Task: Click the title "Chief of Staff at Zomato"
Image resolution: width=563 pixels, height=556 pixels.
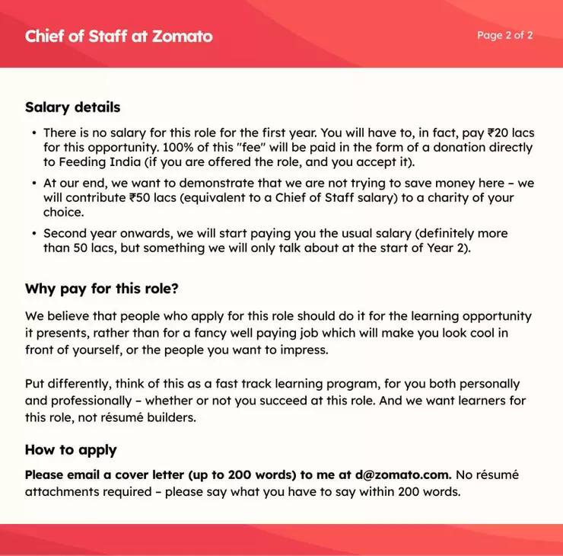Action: click(x=119, y=36)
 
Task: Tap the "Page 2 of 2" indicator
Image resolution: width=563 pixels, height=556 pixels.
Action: click(x=504, y=35)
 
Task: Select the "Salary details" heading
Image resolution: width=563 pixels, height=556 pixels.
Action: click(x=72, y=107)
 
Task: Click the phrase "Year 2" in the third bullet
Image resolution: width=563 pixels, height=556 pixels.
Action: click(x=447, y=248)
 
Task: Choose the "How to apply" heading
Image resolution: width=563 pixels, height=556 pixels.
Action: click(x=71, y=449)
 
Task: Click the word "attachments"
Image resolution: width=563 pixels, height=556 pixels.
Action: click(x=61, y=491)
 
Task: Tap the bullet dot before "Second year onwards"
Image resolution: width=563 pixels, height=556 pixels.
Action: click(x=34, y=234)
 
